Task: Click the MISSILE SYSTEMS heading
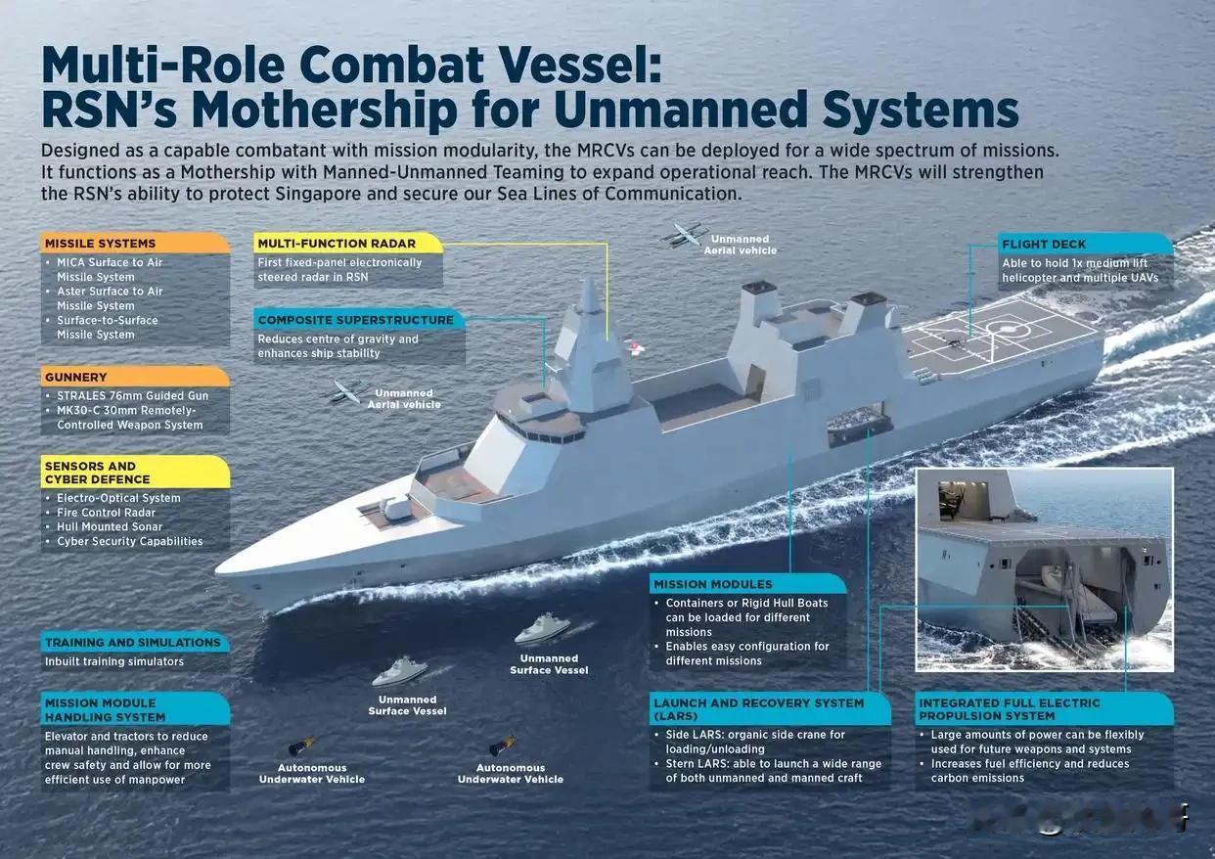pos(99,244)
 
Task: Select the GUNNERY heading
pos(75,377)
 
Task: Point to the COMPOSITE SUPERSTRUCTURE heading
pos(356,320)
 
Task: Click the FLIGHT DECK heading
pos(1044,244)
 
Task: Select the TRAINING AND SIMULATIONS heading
pos(133,643)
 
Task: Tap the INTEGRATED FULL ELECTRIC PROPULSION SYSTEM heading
pos(1010,709)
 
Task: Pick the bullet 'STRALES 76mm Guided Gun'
pos(132,395)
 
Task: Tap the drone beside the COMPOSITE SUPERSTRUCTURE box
pos(350,390)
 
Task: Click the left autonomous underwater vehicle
pos(302,746)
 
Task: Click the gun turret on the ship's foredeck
pos(396,506)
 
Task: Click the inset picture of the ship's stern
pos(1044,569)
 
